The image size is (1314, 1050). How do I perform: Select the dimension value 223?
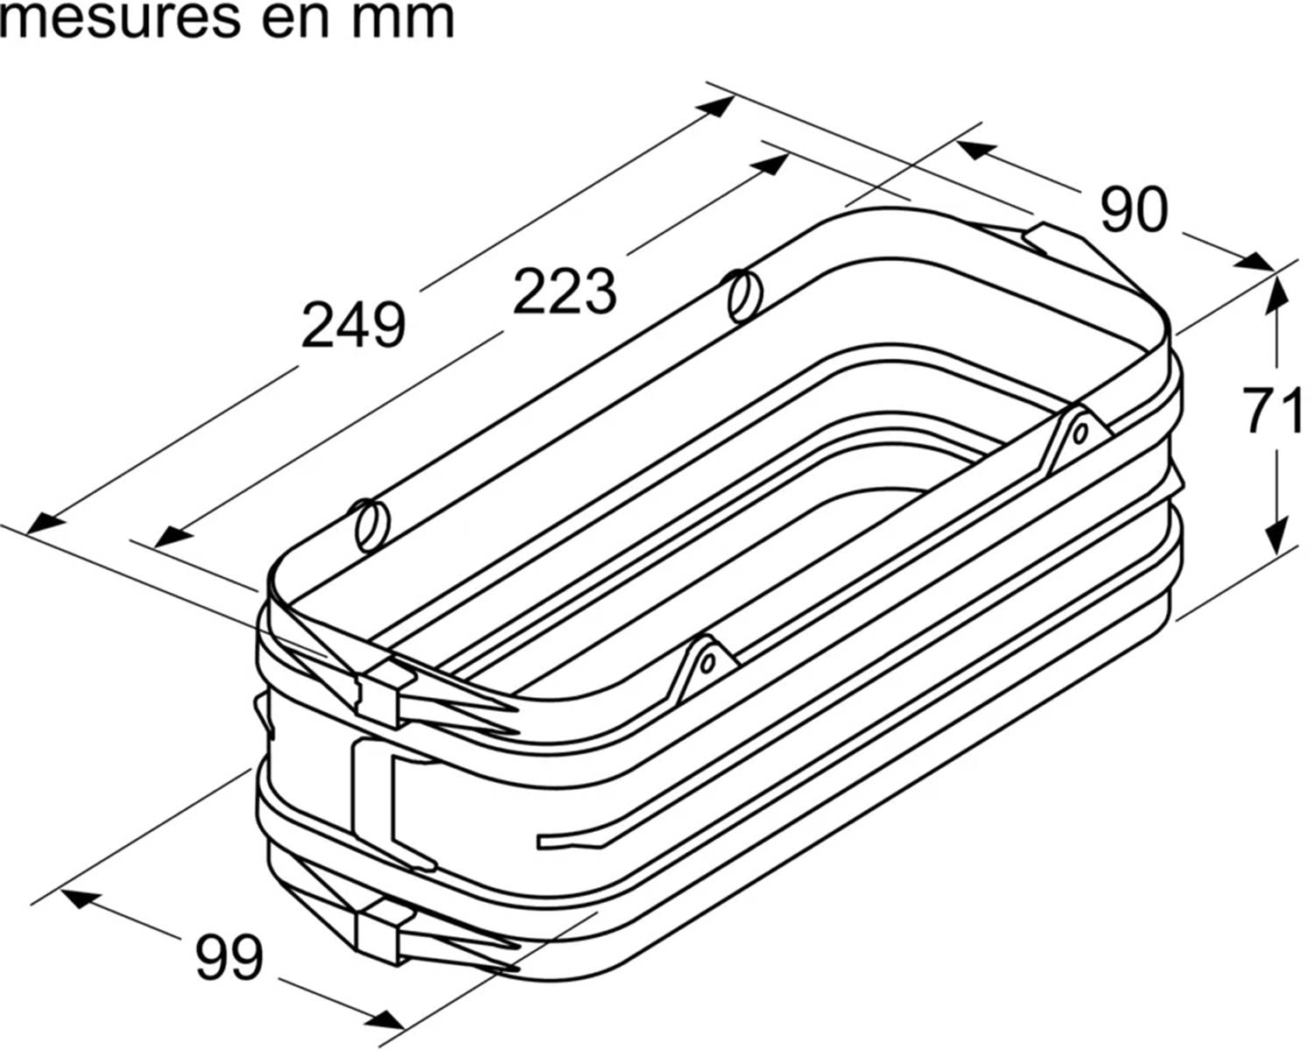(565, 292)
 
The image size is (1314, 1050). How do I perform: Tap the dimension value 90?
(1134, 209)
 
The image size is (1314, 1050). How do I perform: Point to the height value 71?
(1275, 412)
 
